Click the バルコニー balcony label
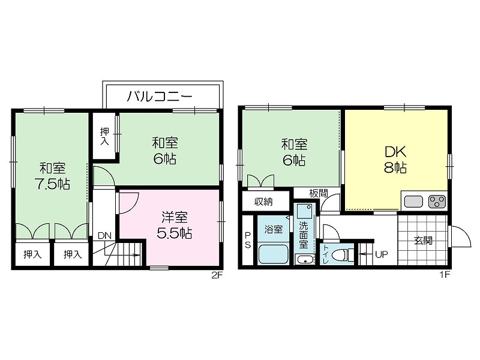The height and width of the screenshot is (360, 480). (x=160, y=96)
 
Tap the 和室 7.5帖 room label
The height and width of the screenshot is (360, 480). (x=53, y=176)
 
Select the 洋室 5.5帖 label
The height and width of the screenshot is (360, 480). (x=174, y=225)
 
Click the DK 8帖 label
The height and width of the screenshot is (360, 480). (x=395, y=160)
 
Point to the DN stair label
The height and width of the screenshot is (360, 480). (x=104, y=236)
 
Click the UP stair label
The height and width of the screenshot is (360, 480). (x=382, y=254)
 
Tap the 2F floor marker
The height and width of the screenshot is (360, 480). (x=217, y=275)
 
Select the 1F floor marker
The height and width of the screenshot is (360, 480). (x=445, y=275)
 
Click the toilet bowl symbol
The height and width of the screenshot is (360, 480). (x=343, y=254)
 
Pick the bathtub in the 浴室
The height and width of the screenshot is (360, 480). (x=274, y=254)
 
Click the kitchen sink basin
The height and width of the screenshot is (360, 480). (x=413, y=202)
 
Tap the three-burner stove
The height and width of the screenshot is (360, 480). (x=437, y=202)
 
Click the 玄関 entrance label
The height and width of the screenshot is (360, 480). (x=423, y=241)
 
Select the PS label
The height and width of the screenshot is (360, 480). (x=248, y=240)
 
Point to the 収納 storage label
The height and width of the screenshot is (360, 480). (x=263, y=202)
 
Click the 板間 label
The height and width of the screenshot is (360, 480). (x=319, y=193)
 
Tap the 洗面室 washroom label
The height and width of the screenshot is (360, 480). (x=304, y=235)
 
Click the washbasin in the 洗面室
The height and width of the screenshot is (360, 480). (x=304, y=259)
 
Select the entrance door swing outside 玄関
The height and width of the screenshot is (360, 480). (x=460, y=236)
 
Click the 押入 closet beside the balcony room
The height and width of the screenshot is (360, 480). (x=104, y=136)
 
